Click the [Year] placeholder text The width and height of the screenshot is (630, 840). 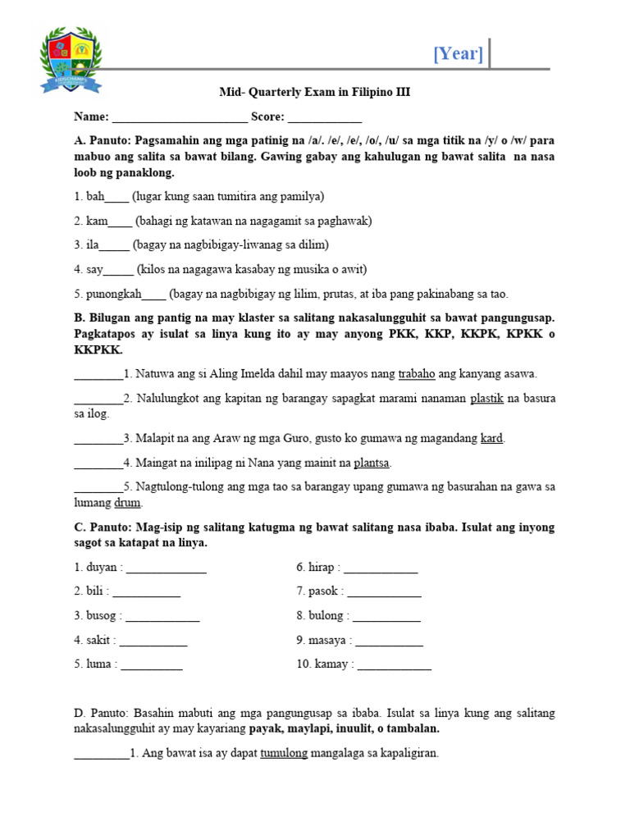[x=458, y=55]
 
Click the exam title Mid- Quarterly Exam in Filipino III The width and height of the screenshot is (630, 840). [x=314, y=93]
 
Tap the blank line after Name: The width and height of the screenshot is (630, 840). [x=180, y=117]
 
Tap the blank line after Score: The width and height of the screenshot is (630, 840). [x=324, y=117]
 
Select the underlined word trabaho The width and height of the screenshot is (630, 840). [x=417, y=374]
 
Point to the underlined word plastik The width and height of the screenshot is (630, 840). [x=488, y=399]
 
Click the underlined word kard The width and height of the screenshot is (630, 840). [x=491, y=439]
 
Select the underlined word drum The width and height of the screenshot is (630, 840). [x=130, y=503]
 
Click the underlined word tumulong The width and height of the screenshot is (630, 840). [x=284, y=753]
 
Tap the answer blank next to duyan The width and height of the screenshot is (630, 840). [x=166, y=568]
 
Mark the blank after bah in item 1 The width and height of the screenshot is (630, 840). [x=116, y=198]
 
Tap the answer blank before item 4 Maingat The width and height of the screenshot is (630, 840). [x=98, y=463]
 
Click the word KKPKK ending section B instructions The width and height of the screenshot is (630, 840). [x=98, y=350]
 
